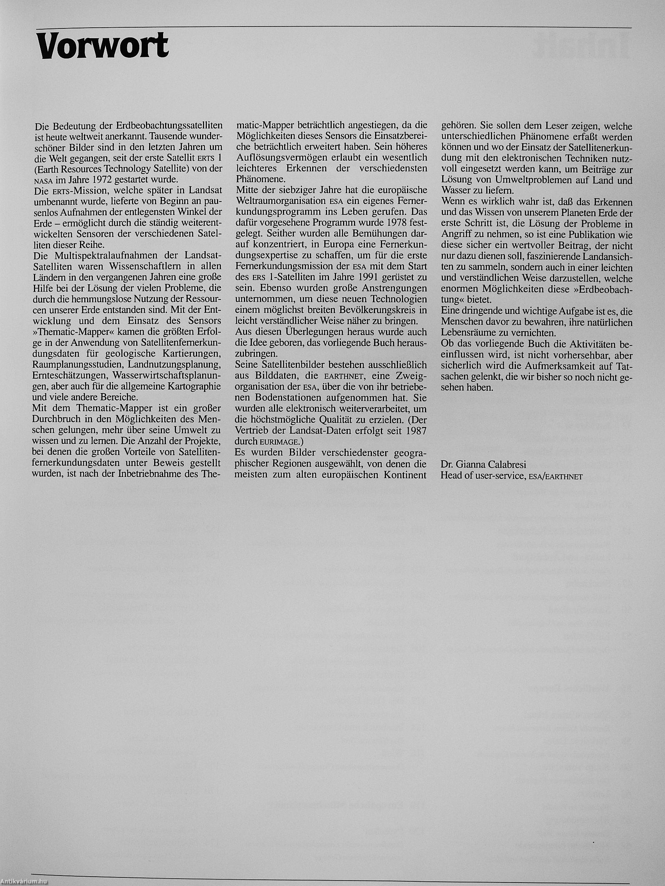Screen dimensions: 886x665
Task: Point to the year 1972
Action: pyautogui.click(x=99, y=179)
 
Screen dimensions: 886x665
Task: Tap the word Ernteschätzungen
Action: pyautogui.click(x=70, y=375)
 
